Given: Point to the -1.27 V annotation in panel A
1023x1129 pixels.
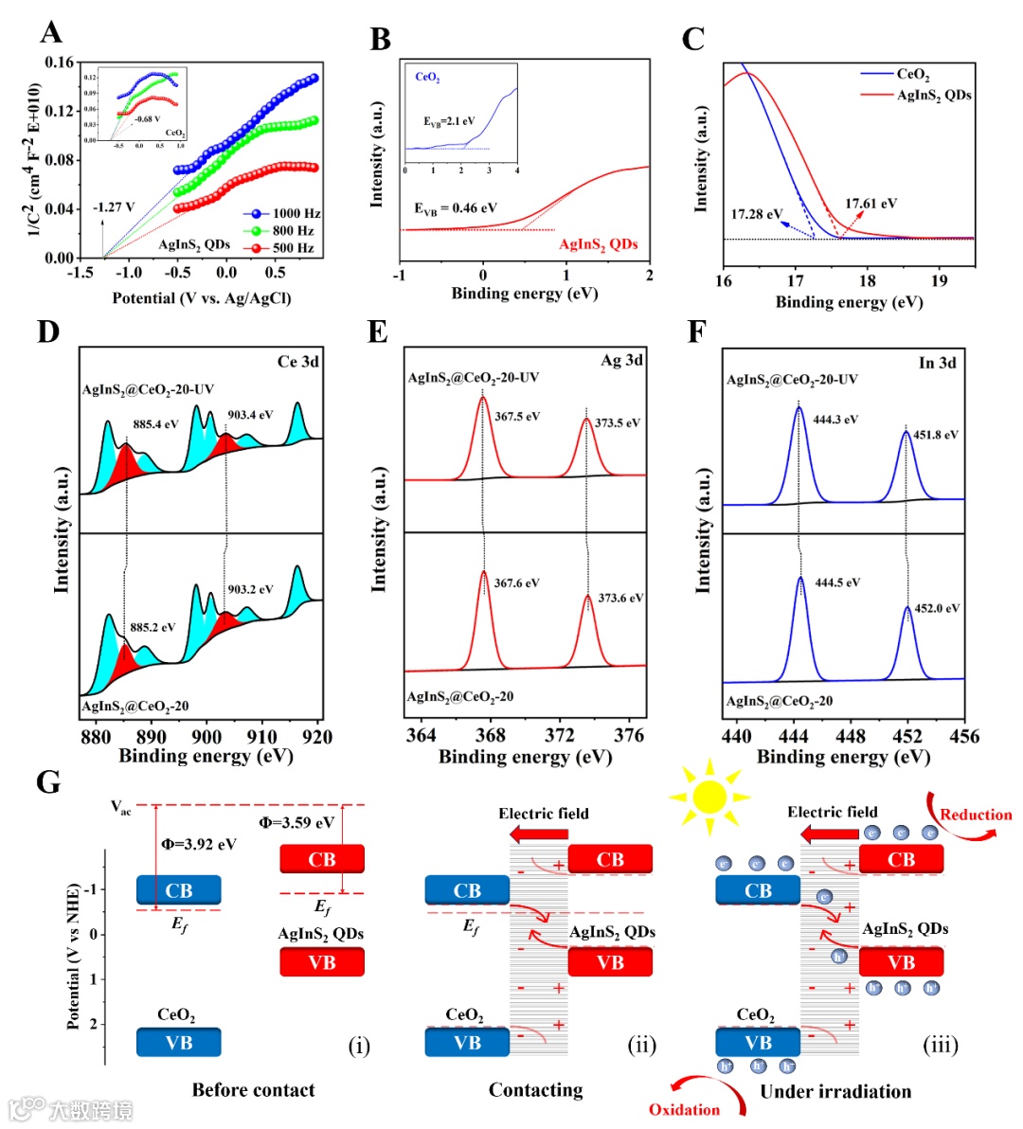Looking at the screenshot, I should [x=114, y=207].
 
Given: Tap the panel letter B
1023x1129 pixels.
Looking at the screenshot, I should [x=380, y=40].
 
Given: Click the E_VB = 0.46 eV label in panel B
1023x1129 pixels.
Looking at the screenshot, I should [x=455, y=208].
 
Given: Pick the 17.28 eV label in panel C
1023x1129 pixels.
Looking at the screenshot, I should [x=756, y=214].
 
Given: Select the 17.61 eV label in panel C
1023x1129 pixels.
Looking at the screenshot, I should [x=870, y=204].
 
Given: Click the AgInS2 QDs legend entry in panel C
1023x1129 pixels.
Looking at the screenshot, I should [x=933, y=95].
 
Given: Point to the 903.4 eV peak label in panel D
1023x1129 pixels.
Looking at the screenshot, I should [x=250, y=415].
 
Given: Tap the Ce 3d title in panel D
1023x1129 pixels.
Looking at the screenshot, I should [x=297, y=362].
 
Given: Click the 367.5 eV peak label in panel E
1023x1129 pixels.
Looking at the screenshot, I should [x=517, y=417].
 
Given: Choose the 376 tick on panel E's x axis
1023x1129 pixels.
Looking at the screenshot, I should [x=629, y=736].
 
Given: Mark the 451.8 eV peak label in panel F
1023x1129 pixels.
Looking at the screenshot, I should [x=935, y=436].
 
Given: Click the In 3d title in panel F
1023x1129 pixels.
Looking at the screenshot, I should [x=937, y=363].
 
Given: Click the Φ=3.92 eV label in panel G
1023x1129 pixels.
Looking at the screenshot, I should [x=199, y=844].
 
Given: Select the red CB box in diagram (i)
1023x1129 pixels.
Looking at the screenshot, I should [x=322, y=859].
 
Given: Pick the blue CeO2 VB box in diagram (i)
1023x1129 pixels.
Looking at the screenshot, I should [x=178, y=1043].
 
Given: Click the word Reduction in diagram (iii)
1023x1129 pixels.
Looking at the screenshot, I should [x=976, y=815].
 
